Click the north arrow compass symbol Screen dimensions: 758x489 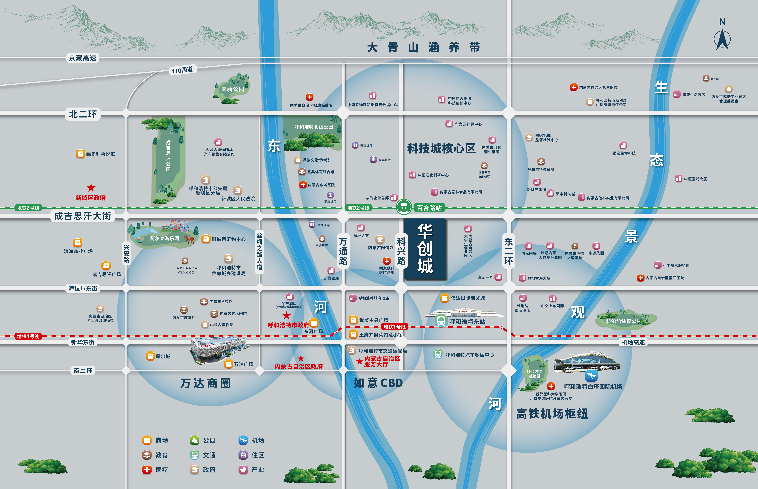click(722, 39)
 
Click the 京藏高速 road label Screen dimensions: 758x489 click(83, 58)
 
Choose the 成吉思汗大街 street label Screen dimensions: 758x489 click(83, 216)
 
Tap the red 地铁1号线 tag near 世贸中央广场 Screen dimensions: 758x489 click(394, 327)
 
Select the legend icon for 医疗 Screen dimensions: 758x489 click(147, 470)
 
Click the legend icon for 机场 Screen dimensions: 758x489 click(243, 440)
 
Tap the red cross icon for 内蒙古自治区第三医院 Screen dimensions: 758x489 click(574, 87)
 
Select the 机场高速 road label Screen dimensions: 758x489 click(633, 342)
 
